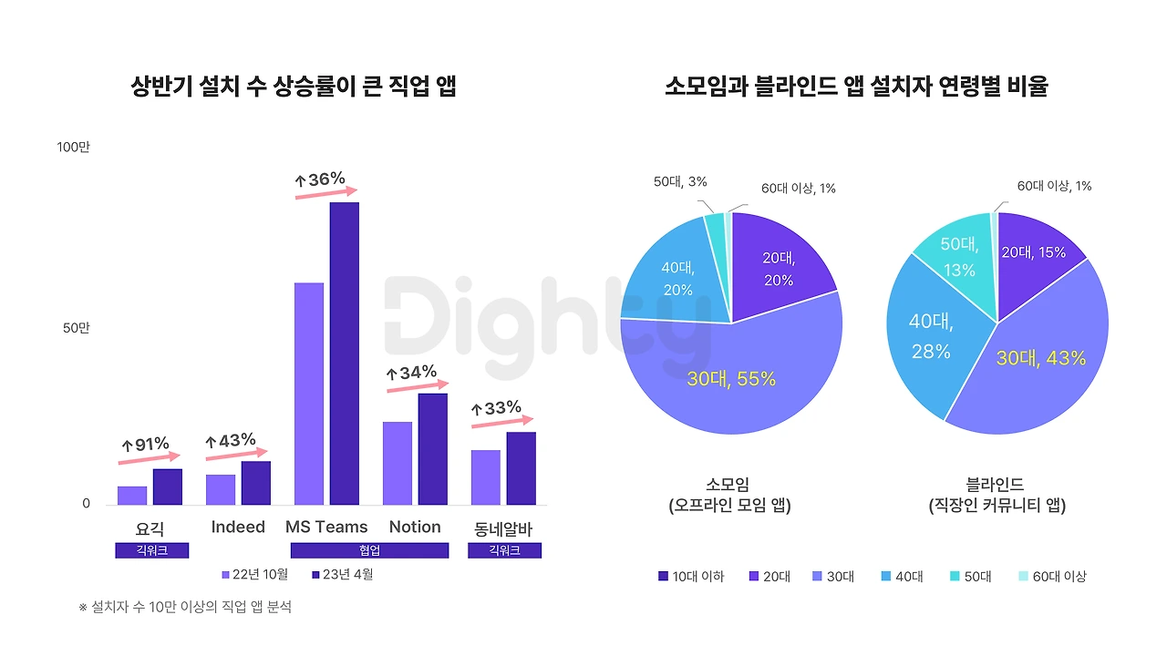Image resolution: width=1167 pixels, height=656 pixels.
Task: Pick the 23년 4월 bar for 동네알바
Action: [521, 468]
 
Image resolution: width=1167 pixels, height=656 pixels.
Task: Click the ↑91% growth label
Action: [146, 445]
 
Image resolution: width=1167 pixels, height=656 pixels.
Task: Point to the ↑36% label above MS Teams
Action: [320, 179]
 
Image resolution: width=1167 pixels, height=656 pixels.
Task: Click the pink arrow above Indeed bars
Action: [236, 454]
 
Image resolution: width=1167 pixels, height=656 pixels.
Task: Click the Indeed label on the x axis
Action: [237, 528]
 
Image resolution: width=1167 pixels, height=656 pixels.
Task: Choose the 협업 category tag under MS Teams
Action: [369, 550]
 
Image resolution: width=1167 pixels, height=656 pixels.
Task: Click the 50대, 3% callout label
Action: [679, 182]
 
